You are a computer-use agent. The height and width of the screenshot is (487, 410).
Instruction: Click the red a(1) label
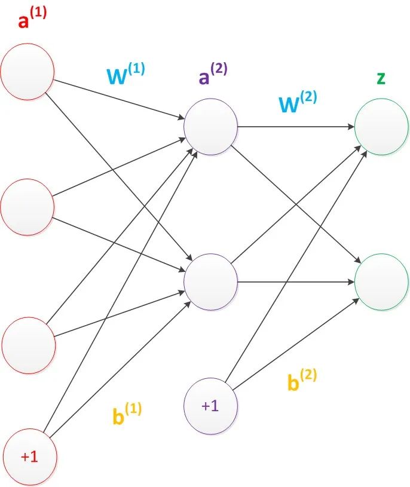click(x=32, y=18)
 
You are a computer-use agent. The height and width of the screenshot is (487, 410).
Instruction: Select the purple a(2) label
click(x=213, y=73)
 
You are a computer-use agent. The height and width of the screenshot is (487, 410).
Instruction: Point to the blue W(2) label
click(x=298, y=102)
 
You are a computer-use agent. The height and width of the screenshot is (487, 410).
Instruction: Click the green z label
click(x=381, y=78)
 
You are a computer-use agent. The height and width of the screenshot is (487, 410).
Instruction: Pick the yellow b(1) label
click(x=127, y=413)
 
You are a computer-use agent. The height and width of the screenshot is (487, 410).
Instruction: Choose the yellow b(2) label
click(x=302, y=379)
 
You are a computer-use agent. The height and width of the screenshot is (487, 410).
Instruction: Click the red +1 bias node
click(x=29, y=457)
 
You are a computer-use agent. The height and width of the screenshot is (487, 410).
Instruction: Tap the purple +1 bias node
click(x=210, y=406)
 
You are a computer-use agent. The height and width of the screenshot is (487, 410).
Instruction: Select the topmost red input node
click(x=27, y=72)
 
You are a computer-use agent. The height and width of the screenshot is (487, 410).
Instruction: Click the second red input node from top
click(x=27, y=207)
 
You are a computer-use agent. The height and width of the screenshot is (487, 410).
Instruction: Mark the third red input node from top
click(x=29, y=345)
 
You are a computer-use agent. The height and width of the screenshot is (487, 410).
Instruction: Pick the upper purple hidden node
click(x=210, y=127)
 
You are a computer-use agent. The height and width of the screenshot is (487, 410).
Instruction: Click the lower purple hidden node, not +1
click(x=210, y=282)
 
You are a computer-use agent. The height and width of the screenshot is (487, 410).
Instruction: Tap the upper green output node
click(x=381, y=127)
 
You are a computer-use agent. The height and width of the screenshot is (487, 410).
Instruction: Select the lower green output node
click(x=381, y=282)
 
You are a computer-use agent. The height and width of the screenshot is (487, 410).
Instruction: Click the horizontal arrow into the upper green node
click(x=296, y=127)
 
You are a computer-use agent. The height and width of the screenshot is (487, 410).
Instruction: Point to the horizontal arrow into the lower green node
click(x=296, y=282)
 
